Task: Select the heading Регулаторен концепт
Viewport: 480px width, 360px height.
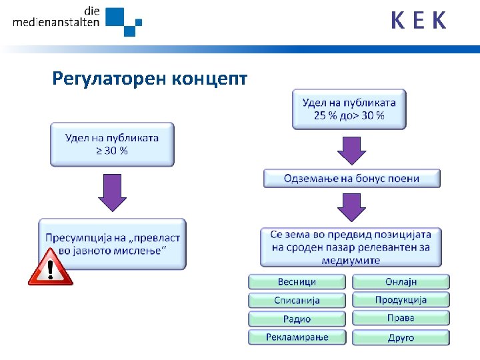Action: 150,79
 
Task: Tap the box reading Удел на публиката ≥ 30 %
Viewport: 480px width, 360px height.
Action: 112,144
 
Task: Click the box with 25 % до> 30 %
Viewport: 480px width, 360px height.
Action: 349,109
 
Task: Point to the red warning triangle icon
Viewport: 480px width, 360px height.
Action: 51,268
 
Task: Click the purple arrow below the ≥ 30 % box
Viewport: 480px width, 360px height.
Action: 112,193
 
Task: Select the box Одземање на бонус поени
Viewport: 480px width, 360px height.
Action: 351,178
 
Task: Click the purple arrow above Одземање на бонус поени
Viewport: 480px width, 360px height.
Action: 351,150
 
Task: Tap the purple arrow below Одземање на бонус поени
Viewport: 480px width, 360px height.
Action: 351,207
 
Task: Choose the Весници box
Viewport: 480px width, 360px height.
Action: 297,282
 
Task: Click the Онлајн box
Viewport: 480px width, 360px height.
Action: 401,282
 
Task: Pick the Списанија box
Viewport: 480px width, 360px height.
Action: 297,300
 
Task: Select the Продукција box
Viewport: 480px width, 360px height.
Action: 401,300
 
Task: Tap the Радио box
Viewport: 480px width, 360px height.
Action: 297,319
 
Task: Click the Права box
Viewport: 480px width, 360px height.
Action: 401,318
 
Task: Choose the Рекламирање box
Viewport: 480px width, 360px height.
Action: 297,337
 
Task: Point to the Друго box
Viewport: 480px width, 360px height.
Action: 401,337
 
